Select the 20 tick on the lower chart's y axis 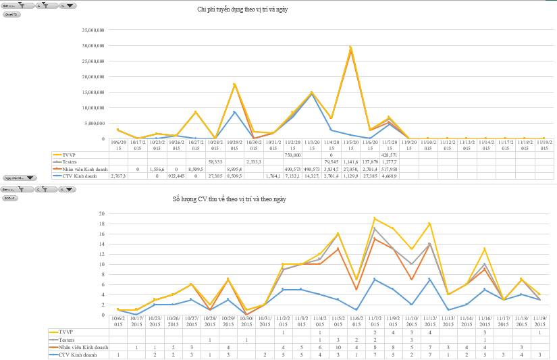pyautogui.click(x=101, y=213)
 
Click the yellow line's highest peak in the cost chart pyautogui.click(x=350, y=47)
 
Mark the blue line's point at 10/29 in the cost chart pyautogui.click(x=234, y=112)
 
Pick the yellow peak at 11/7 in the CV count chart pyautogui.click(x=374, y=218)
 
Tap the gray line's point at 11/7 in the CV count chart pyautogui.click(x=374, y=228)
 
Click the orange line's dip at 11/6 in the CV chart pyautogui.click(x=356, y=289)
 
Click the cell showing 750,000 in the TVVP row pyautogui.click(x=292, y=155)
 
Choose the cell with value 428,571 pyautogui.click(x=390, y=155)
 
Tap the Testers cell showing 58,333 pyautogui.click(x=215, y=162)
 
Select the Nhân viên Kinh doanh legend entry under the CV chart pyautogui.click(x=78, y=347)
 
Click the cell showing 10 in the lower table pyautogui.click(x=338, y=347)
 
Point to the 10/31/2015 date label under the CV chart pyautogui.click(x=265, y=320)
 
